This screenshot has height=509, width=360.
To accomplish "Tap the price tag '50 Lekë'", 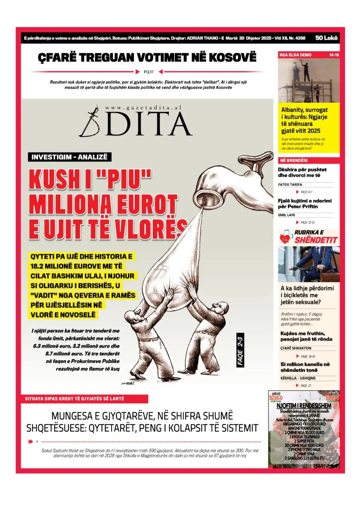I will coord(326,38).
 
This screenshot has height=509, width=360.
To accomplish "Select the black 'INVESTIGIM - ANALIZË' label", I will coord(69,157).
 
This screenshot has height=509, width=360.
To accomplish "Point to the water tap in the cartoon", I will coord(232,179).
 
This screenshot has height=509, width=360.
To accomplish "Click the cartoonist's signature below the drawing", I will coord(127,383).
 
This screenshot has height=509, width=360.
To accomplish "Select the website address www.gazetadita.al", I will coord(143,108).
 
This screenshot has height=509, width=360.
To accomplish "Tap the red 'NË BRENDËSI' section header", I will coord(294,160).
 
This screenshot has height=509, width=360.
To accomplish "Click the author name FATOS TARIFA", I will coord(290,185).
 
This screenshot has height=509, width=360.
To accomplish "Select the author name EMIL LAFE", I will coord(287,215).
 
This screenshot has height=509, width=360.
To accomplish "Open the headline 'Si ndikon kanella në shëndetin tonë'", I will coord(305,367).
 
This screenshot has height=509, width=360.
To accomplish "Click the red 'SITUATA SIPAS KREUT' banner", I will coord(75,399).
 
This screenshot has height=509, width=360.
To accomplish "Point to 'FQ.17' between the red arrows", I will coord(149,72).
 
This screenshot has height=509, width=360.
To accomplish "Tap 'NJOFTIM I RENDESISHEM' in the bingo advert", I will coord(304,406).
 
